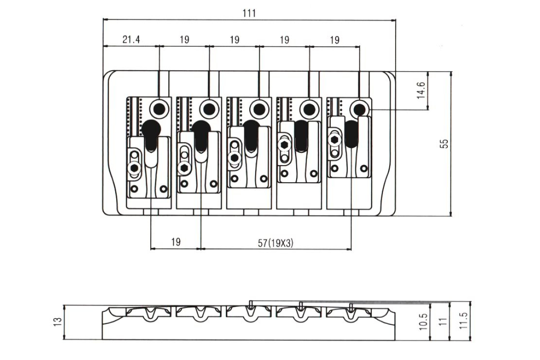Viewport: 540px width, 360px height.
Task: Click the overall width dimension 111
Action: click(x=249, y=13)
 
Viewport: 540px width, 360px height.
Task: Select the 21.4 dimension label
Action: click(x=131, y=39)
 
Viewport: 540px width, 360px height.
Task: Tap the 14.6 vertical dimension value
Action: click(x=421, y=90)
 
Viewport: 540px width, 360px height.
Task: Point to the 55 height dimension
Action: click(x=444, y=144)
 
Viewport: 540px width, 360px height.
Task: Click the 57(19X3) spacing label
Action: click(x=275, y=243)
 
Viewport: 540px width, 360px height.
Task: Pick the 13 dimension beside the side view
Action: click(x=58, y=322)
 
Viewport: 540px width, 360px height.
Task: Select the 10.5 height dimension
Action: click(x=423, y=322)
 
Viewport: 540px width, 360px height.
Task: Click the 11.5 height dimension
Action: click(x=463, y=320)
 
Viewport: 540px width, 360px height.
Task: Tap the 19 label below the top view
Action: click(x=176, y=242)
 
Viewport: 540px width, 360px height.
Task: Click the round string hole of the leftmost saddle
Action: click(x=159, y=109)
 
